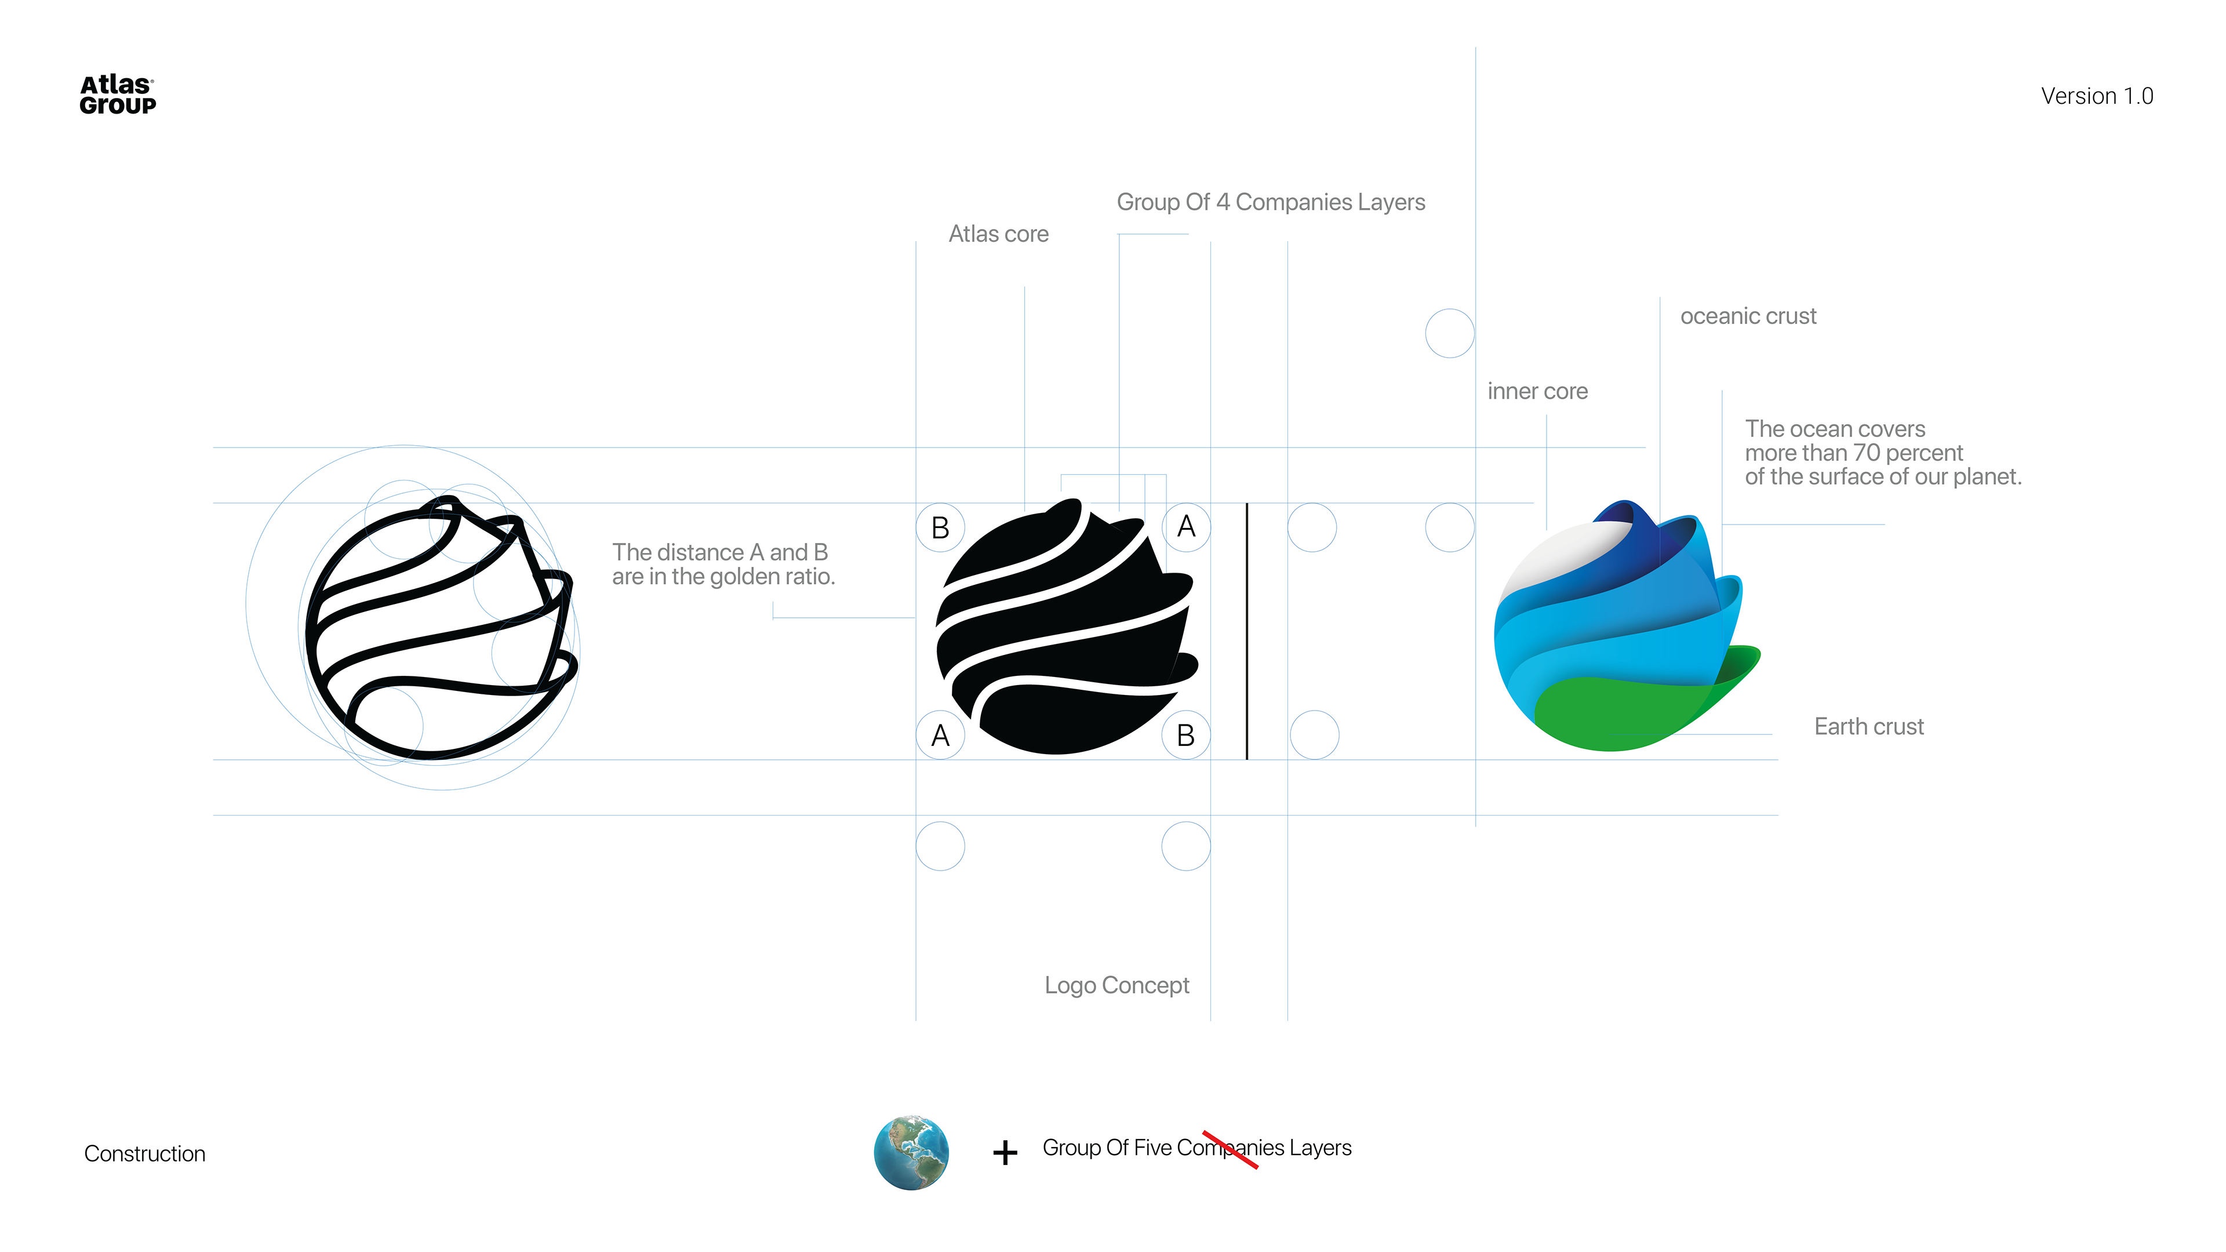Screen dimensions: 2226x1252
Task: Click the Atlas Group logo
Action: coord(118,95)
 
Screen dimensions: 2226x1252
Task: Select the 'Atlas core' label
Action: coord(998,234)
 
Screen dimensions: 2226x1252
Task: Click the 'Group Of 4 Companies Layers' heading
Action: coord(1270,202)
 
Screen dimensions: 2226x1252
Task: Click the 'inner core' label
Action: coord(1537,391)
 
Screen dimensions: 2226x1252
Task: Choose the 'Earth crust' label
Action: coord(1868,727)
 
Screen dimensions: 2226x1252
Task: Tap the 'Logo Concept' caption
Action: coord(1116,985)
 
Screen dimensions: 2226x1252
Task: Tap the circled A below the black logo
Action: coord(940,736)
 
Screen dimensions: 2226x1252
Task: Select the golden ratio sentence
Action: coord(723,564)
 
